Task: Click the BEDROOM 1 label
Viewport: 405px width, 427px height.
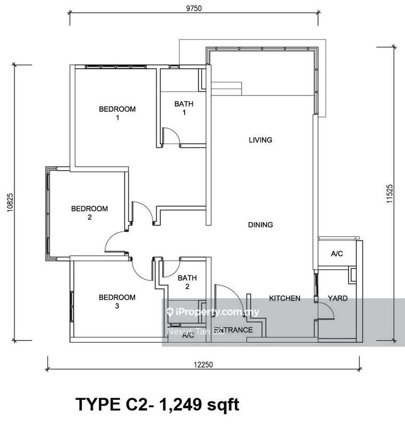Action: pos(117,113)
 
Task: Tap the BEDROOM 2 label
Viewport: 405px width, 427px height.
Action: pos(90,212)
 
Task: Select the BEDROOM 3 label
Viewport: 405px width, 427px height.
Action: pos(117,302)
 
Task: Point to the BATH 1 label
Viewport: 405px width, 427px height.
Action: pos(184,108)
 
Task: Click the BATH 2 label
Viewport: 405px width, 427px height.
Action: pos(187,282)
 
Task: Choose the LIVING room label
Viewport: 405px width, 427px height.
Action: pos(260,140)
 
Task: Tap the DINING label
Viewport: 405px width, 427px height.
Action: pos(260,225)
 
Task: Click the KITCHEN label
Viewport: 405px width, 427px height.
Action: pos(284,298)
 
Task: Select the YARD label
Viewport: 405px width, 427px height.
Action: pos(337,298)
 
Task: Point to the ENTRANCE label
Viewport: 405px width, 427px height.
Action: pos(233,330)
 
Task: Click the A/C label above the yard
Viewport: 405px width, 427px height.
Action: pos(337,255)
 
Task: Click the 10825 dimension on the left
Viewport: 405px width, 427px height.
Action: pos(10,202)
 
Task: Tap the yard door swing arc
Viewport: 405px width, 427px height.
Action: pos(327,311)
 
